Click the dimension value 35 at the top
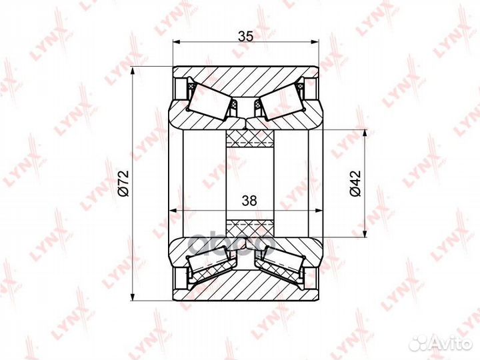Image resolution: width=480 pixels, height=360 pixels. tap(246, 37)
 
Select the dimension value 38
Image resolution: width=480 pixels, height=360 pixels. tap(249, 201)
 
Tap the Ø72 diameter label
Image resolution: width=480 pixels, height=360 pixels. tap(124, 184)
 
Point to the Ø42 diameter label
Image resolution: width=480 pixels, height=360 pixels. tap(355, 183)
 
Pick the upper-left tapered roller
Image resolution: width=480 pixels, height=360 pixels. tap(210, 102)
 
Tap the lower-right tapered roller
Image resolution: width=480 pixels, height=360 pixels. tap(281, 263)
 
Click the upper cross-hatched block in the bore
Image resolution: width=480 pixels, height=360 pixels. tap(250, 139)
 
